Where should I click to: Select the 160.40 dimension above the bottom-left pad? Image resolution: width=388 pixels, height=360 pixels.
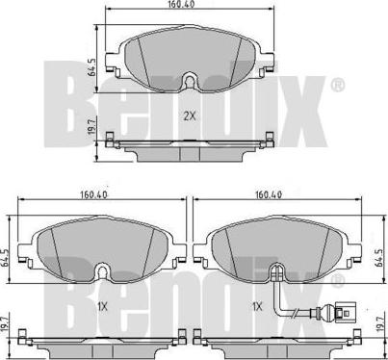point(94,194)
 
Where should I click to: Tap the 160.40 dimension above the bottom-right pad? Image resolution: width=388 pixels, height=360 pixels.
point(269,194)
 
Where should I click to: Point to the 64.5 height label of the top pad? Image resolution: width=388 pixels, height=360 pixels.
point(92,67)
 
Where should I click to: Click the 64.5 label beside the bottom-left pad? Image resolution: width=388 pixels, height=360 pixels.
point(4,257)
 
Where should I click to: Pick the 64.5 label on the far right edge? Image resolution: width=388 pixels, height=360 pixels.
point(378,257)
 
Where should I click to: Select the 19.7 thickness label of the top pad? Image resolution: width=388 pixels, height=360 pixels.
point(91,126)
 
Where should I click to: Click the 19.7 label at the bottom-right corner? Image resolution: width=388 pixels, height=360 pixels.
point(380,323)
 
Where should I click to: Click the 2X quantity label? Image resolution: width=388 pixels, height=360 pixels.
point(190,116)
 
